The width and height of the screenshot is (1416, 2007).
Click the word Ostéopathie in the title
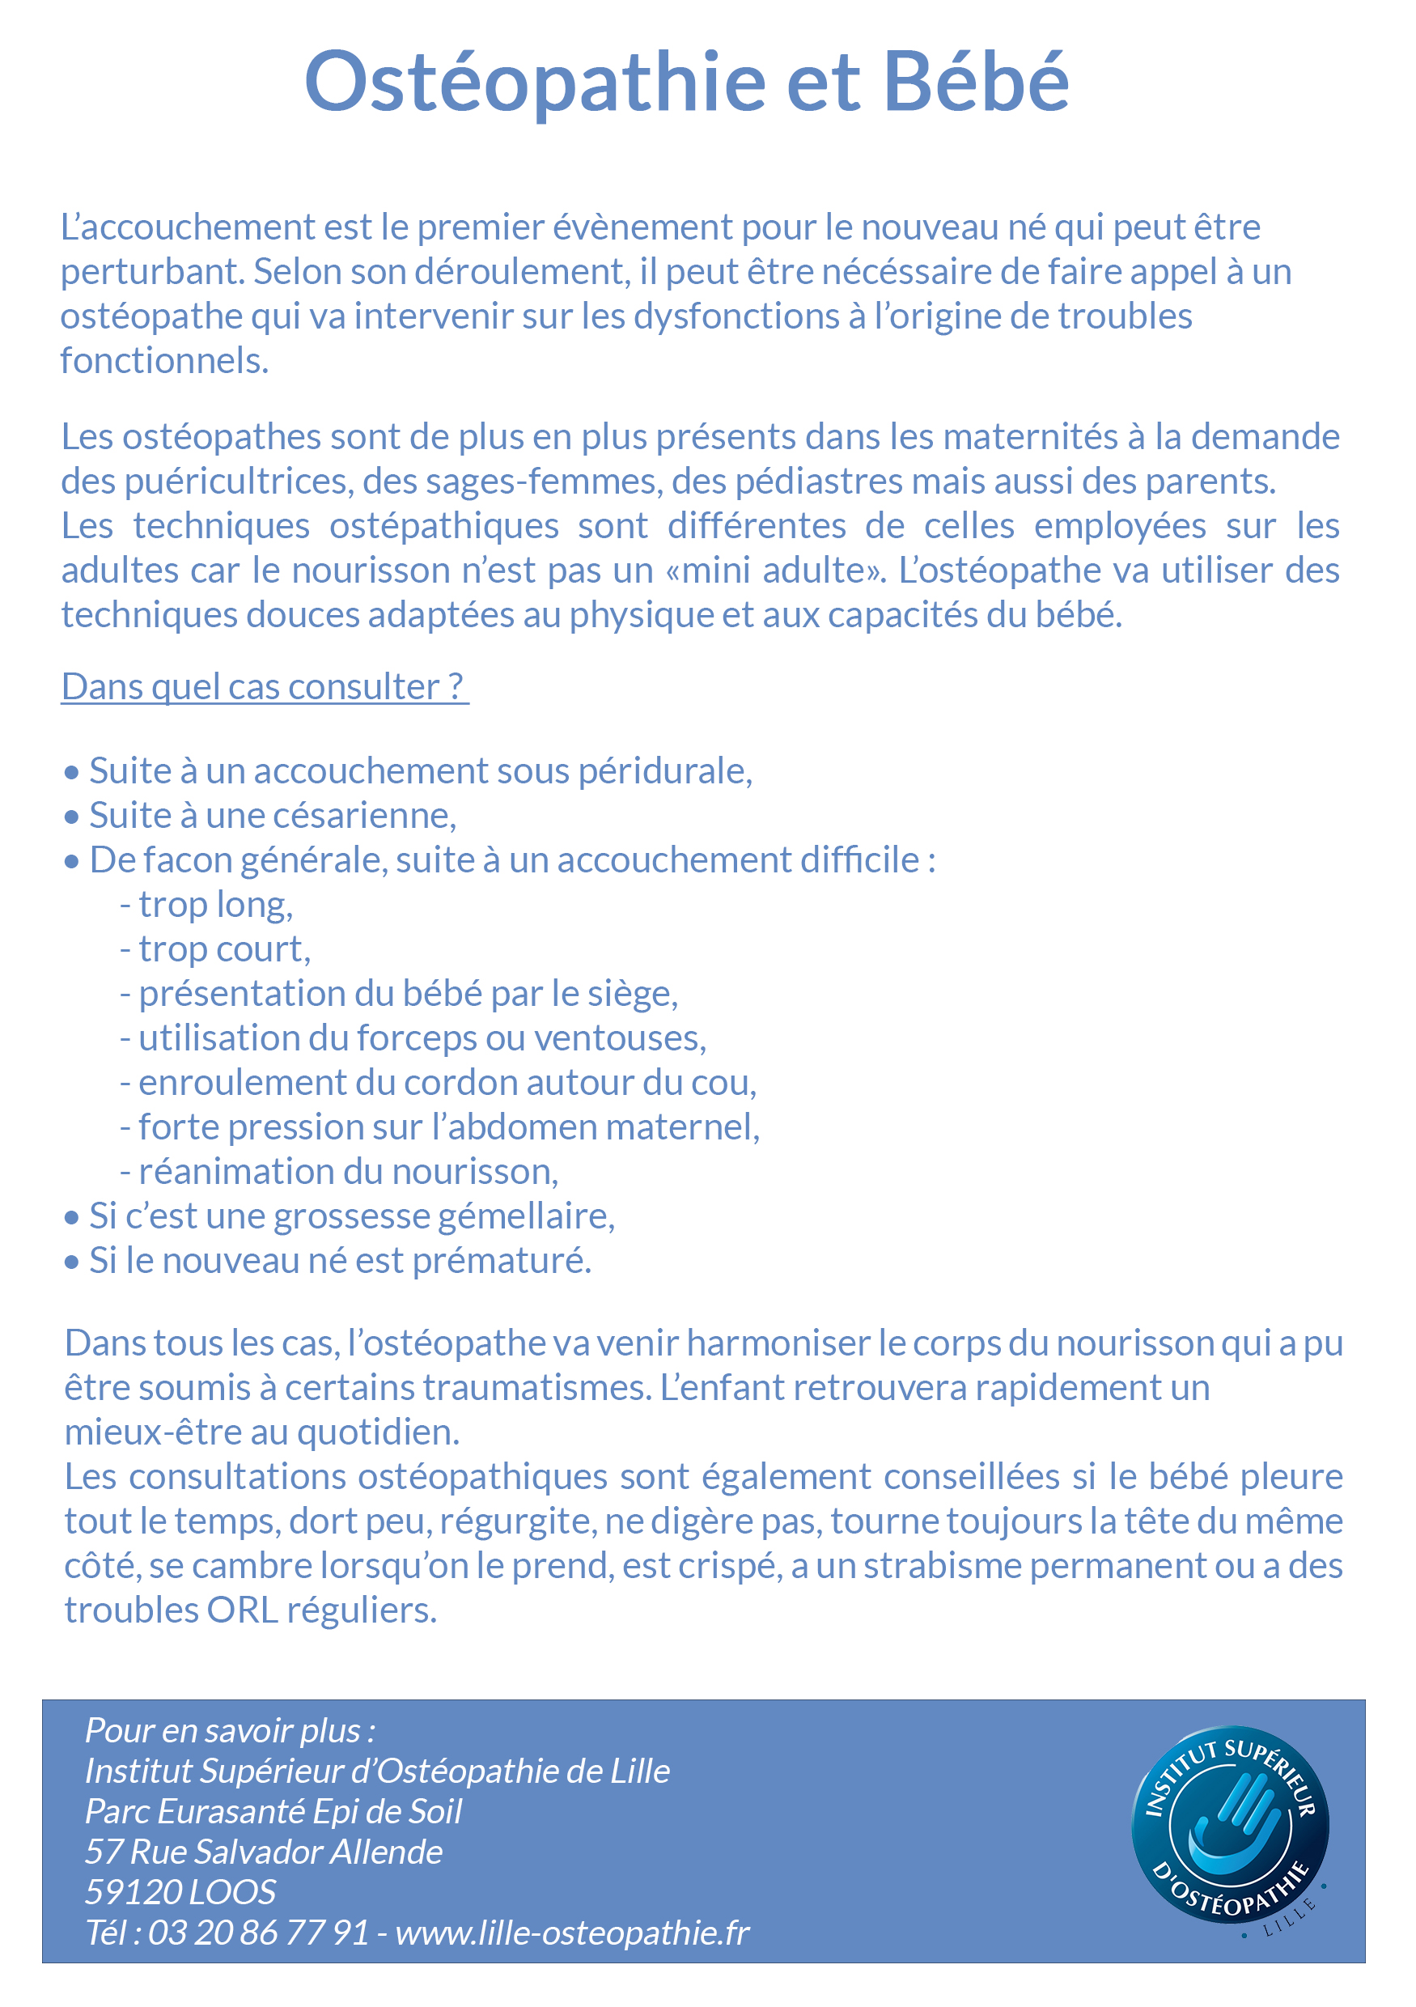(535, 83)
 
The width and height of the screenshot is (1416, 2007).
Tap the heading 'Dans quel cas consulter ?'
(263, 687)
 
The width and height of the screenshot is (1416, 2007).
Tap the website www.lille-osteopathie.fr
(573, 1933)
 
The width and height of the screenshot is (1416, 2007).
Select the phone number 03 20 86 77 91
(259, 1933)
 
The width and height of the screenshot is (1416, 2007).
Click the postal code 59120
(133, 1893)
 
